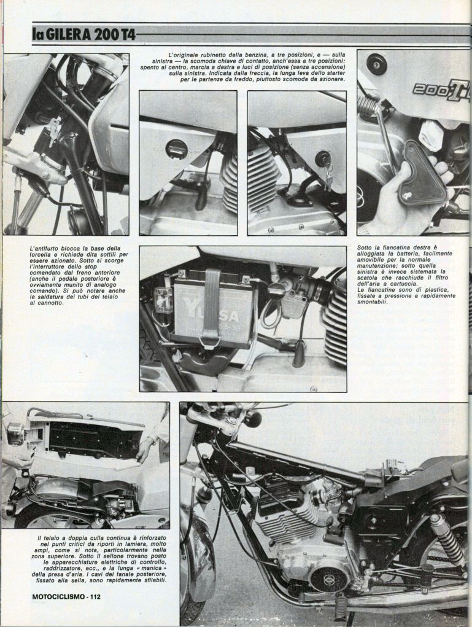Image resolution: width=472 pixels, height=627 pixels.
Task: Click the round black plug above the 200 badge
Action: (x=376, y=63)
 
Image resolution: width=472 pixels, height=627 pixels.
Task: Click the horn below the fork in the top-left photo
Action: (x=79, y=219)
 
